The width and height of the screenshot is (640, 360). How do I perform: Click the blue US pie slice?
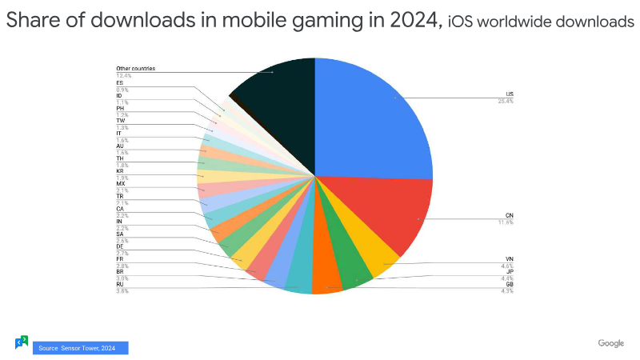pos(376,120)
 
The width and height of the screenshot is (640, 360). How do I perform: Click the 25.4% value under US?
pos(506,101)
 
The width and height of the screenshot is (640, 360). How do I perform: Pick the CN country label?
pos(510,215)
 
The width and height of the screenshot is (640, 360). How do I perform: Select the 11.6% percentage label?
pos(506,222)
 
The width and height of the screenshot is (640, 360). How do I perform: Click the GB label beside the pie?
pos(510,285)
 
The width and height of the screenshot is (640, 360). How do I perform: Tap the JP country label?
pos(510,271)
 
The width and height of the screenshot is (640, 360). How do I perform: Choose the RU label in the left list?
pos(120,284)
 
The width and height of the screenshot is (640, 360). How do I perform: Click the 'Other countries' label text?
pos(135,69)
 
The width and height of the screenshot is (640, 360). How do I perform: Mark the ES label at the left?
pos(119,82)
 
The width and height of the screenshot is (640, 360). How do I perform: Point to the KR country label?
pos(120,171)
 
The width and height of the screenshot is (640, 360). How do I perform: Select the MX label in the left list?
pos(120,184)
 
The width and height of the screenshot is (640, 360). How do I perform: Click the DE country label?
pos(120,246)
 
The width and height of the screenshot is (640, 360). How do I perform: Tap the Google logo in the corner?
pos(610,343)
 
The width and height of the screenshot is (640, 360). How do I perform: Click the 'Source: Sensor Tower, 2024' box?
pos(80,348)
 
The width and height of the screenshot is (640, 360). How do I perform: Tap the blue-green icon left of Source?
pos(22,342)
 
